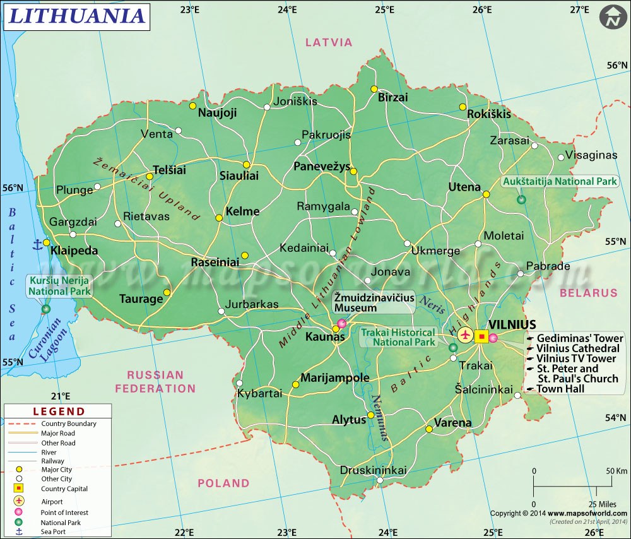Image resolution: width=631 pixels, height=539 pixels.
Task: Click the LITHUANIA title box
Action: (76, 16)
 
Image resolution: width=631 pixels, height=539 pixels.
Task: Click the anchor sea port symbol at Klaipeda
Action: (37, 243)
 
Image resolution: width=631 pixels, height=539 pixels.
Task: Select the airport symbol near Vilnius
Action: (466, 335)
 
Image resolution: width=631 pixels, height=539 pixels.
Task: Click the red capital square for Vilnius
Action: (482, 336)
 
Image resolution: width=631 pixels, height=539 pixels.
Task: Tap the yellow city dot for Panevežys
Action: (354, 171)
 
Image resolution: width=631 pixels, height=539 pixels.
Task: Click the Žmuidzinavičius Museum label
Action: (374, 302)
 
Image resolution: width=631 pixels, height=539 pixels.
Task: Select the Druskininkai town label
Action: (374, 470)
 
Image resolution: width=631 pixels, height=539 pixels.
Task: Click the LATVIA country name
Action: (329, 42)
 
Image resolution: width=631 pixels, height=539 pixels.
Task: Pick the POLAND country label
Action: (223, 483)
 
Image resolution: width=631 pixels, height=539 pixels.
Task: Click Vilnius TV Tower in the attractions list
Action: (575, 358)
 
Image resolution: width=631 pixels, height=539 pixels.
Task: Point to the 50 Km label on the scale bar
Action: (616, 471)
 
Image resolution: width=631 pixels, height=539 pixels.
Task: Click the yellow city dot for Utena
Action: (487, 194)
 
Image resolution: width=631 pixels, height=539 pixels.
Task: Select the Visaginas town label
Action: (591, 155)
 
